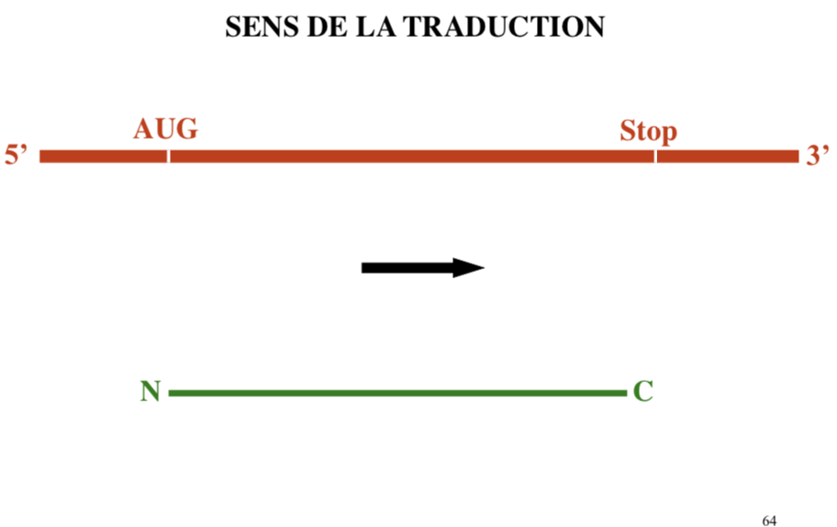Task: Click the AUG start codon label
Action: pyautogui.click(x=165, y=129)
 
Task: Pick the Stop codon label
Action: pyautogui.click(x=648, y=130)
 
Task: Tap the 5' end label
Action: pyautogui.click(x=17, y=155)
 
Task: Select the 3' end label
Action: pyautogui.click(x=818, y=155)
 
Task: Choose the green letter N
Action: pyautogui.click(x=151, y=392)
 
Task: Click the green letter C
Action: pyautogui.click(x=642, y=392)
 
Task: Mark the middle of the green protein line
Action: pyautogui.click(x=397, y=393)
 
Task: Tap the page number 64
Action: pyautogui.click(x=769, y=521)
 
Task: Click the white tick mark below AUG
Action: pyautogui.click(x=169, y=155)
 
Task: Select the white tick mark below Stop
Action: pyautogui.click(x=655, y=155)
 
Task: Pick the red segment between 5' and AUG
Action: pyautogui.click(x=103, y=155)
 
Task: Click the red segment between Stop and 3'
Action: pyautogui.click(x=728, y=155)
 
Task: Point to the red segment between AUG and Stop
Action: pyautogui.click(x=412, y=155)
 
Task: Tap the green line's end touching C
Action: pyautogui.click(x=623, y=393)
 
